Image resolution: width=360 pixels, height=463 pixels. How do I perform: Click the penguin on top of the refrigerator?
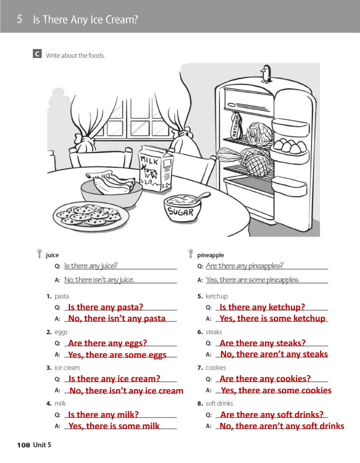click(x=266, y=73)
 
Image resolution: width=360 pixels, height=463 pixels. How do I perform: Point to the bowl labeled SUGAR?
click(x=181, y=208)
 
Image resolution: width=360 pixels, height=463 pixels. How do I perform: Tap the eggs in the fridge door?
click(x=288, y=146)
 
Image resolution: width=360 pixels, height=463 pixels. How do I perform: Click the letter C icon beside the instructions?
click(x=36, y=54)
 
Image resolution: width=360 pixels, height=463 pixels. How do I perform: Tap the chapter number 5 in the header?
click(x=20, y=19)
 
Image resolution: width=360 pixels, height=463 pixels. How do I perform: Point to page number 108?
click(x=23, y=445)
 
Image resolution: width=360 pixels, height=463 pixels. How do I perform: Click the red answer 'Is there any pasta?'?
click(x=105, y=307)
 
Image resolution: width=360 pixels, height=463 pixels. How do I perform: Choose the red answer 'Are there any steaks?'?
click(x=262, y=343)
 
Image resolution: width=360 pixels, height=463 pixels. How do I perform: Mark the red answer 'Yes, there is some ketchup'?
click(x=272, y=318)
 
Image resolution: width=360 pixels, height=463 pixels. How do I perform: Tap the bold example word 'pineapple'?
click(x=210, y=255)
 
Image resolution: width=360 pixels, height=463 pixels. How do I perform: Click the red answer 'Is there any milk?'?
click(x=103, y=414)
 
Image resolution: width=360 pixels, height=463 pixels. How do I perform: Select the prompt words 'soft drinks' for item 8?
click(x=219, y=403)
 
